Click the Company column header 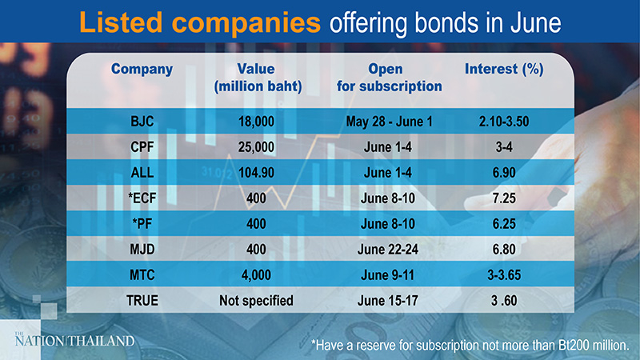tap(142, 70)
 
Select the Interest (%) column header tap(504, 70)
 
